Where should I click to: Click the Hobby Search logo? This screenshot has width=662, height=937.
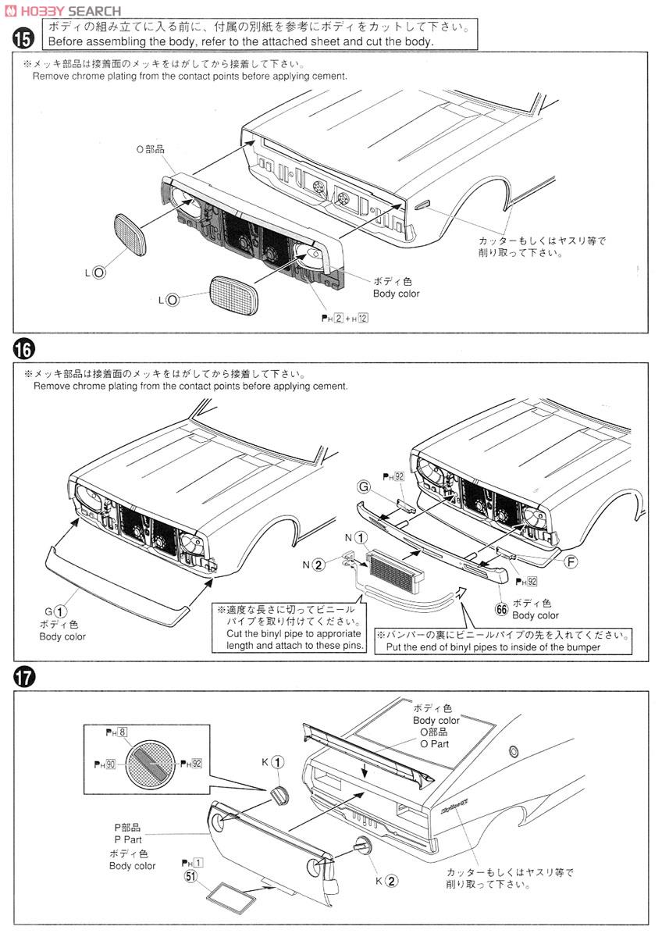coord(62,10)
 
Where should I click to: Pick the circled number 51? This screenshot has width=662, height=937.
coord(190,876)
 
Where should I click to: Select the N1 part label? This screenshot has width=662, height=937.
coord(353,537)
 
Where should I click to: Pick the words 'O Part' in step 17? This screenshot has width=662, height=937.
coord(435,743)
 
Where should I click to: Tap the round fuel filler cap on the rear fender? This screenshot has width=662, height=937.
coord(513,751)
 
